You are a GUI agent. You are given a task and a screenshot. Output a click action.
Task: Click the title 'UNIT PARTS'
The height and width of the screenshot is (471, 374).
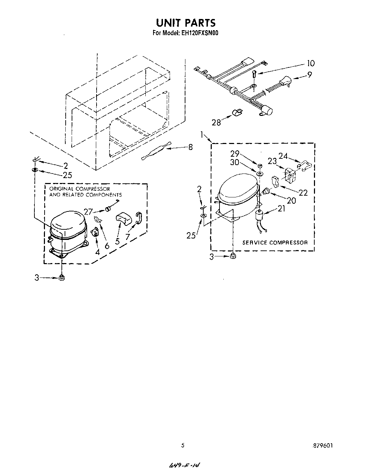point(185,23)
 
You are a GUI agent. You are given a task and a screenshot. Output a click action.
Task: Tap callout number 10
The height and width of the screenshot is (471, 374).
point(310,64)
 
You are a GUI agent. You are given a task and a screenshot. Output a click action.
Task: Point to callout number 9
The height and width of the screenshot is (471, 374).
point(309,75)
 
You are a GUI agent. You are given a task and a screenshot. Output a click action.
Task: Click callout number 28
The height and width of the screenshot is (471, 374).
point(216,123)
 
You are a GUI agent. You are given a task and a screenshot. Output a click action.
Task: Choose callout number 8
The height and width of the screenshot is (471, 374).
point(190,147)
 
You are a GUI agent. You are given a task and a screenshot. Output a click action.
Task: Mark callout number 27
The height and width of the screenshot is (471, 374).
point(88,211)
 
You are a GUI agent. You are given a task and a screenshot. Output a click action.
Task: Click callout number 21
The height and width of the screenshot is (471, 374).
point(281,209)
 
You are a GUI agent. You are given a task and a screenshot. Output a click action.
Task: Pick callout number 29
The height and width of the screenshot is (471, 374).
point(235,153)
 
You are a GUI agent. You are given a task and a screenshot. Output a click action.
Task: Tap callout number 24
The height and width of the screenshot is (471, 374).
point(283,156)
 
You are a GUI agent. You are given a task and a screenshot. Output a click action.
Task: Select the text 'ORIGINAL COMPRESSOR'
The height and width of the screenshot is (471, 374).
point(79,189)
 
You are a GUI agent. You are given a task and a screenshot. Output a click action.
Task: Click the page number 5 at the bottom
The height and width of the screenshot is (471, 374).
point(183,445)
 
